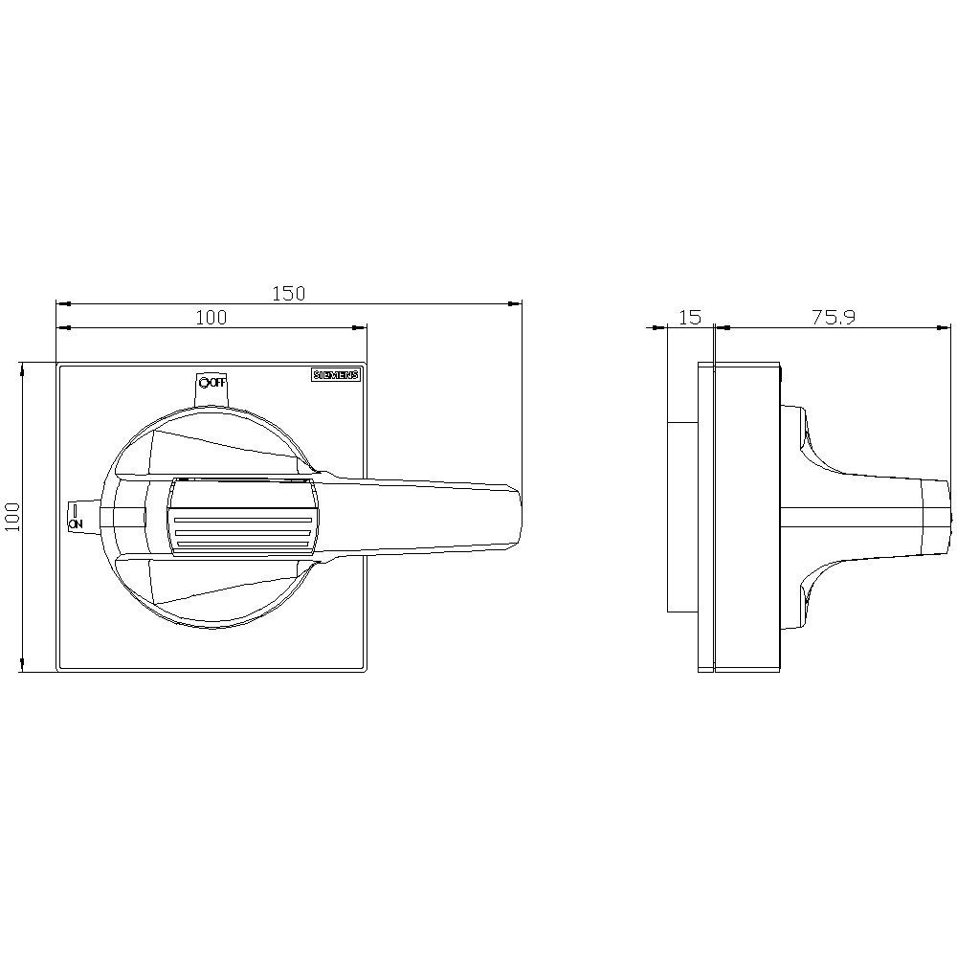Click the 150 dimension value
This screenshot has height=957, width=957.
[288, 294]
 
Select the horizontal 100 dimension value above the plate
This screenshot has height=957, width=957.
[211, 318]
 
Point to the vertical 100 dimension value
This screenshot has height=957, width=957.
[12, 517]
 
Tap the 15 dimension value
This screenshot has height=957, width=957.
[690, 318]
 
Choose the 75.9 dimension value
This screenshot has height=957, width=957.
[834, 318]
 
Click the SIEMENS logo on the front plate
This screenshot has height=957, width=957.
[336, 375]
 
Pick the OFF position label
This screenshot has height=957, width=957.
[216, 383]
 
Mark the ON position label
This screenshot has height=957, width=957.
[75, 523]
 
